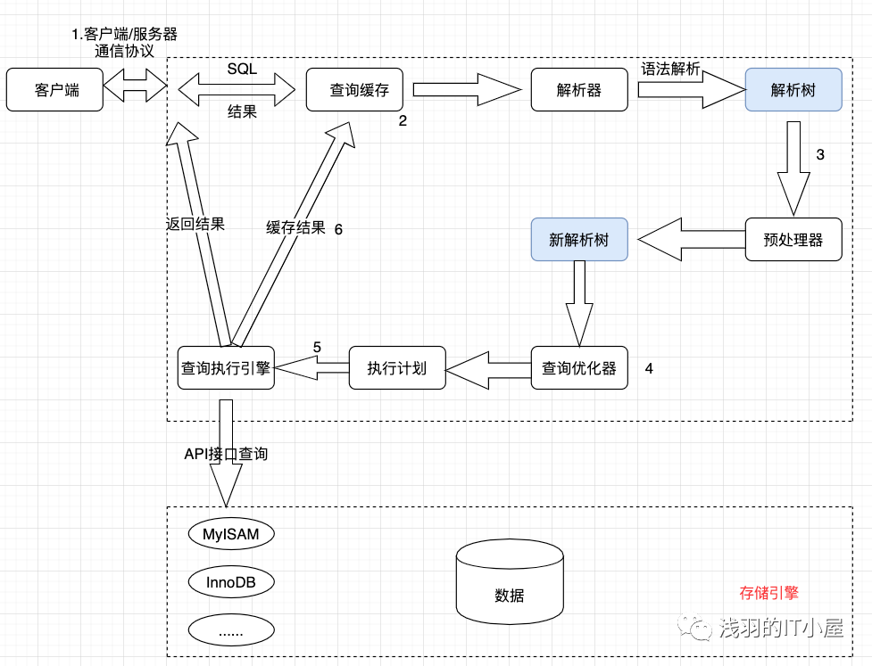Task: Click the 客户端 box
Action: tap(54, 90)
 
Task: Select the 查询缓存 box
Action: tap(353, 90)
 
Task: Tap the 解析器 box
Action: tap(578, 90)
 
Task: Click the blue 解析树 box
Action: tap(793, 90)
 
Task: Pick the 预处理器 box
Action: tap(793, 240)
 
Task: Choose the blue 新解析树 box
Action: tap(578, 240)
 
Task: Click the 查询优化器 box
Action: tap(578, 368)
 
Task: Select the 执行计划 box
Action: tap(396, 368)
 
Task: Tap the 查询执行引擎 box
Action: tap(225, 368)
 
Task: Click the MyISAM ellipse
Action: tap(231, 535)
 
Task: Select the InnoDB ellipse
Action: tap(231, 583)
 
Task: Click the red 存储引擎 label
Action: tap(768, 592)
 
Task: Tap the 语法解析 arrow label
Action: tap(670, 70)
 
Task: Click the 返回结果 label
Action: tap(195, 224)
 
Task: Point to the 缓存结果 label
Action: tap(295, 227)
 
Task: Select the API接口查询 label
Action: tap(225, 454)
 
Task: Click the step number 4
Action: tap(649, 368)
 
